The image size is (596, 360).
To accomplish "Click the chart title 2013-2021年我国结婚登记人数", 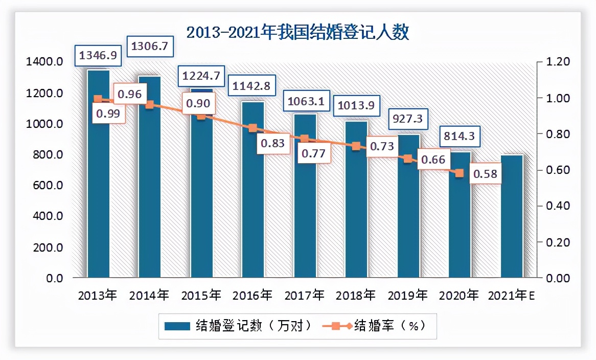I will [x=297, y=33].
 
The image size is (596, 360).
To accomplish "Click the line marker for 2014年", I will [x=150, y=104].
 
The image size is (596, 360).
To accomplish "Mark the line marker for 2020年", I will [x=460, y=173].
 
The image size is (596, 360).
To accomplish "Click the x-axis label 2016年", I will [x=253, y=296].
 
